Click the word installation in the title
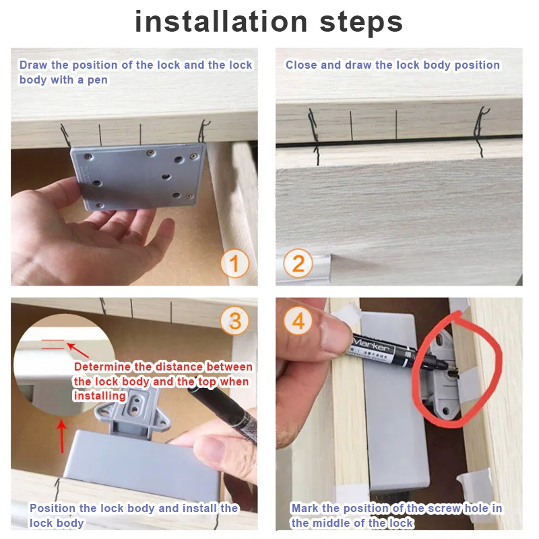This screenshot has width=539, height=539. tap(221, 22)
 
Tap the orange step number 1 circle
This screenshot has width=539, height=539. tap(234, 263)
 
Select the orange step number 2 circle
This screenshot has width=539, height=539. tap(298, 263)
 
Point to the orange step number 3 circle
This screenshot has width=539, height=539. tap(234, 321)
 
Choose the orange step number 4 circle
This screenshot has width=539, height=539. tap(298, 321)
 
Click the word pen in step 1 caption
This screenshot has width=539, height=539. tap(98, 80)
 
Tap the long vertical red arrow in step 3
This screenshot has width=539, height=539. tap(62, 437)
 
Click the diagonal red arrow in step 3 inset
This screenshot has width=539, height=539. tap(77, 350)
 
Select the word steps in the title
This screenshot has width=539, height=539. tap(361, 23)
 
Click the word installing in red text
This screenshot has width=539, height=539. tap(100, 396)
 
